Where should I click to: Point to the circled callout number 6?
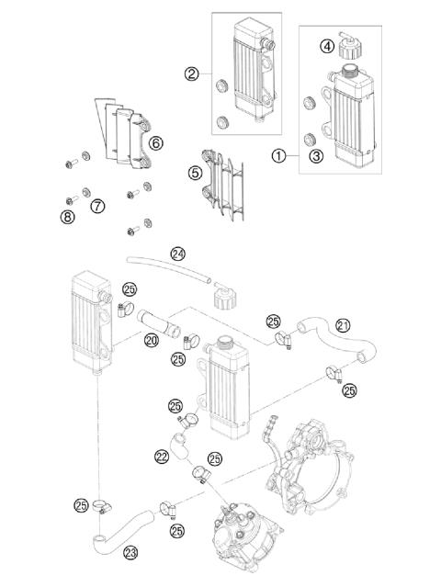[x=156, y=142]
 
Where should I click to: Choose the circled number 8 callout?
[x=68, y=216]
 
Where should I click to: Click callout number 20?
[x=152, y=339]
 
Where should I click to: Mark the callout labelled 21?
[x=342, y=324]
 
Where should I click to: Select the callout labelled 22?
[x=162, y=455]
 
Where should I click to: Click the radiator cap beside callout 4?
[x=348, y=44]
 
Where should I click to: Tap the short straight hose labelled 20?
[x=157, y=324]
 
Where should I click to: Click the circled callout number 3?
[x=315, y=156]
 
